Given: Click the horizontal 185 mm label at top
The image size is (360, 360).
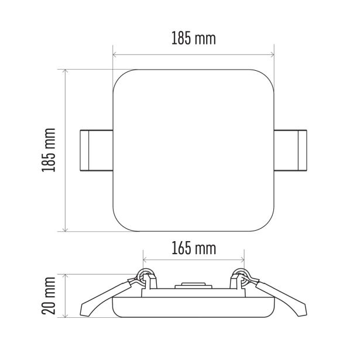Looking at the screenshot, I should point(194,39).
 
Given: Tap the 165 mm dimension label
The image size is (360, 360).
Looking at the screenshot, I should point(194,248).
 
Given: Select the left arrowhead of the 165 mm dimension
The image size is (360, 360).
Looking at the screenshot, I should point(145,260).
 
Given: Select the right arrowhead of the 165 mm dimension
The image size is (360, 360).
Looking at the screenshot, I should point(243,260).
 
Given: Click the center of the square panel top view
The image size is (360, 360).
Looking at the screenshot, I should point(194,150).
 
